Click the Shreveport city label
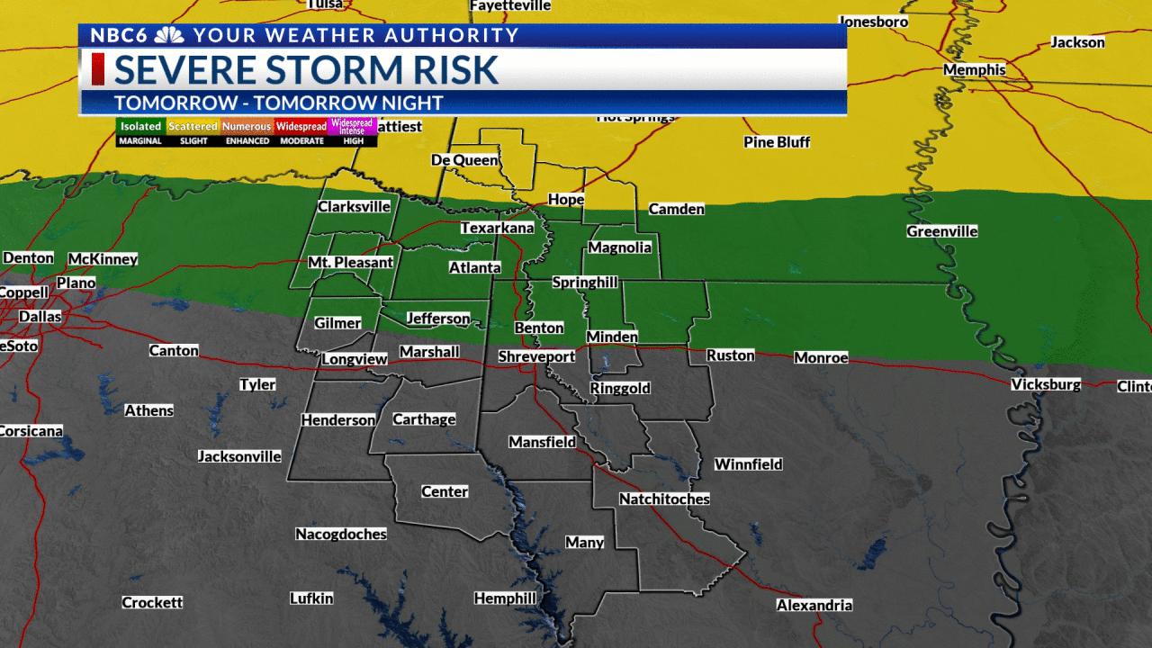(537, 357)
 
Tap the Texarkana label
(498, 229)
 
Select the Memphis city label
(975, 70)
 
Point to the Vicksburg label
(1046, 385)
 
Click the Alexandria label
(814, 606)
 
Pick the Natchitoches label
(664, 499)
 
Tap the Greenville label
(942, 232)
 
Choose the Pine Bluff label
(777, 142)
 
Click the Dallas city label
(40, 317)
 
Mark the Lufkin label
(311, 598)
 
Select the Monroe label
(821, 358)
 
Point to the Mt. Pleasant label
(351, 263)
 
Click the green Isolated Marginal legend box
(141, 127)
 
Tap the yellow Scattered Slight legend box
(193, 127)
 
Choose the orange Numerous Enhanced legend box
(247, 127)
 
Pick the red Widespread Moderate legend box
(301, 127)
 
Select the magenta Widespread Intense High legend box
(353, 127)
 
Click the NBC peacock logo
(170, 36)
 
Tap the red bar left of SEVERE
(97, 69)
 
